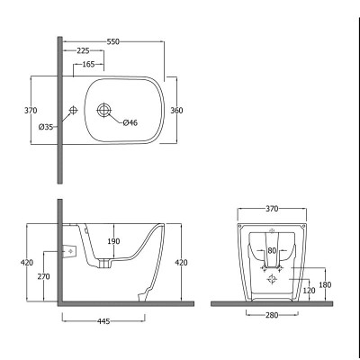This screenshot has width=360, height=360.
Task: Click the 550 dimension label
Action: tap(113, 41)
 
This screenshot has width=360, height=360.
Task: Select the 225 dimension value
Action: tap(83, 51)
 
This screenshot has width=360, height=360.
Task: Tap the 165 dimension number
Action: tap(88, 64)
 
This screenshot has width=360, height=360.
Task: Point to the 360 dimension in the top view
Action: tap(176, 111)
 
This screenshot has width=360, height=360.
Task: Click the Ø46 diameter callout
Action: tap(130, 122)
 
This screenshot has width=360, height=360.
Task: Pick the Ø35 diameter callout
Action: tap(46, 127)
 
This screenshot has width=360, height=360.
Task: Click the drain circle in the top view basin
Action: tap(104, 110)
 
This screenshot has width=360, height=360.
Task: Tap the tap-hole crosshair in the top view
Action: tap(73, 110)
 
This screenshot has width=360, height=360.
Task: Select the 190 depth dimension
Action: tap(113, 241)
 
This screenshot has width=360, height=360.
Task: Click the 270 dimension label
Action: tap(44, 276)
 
